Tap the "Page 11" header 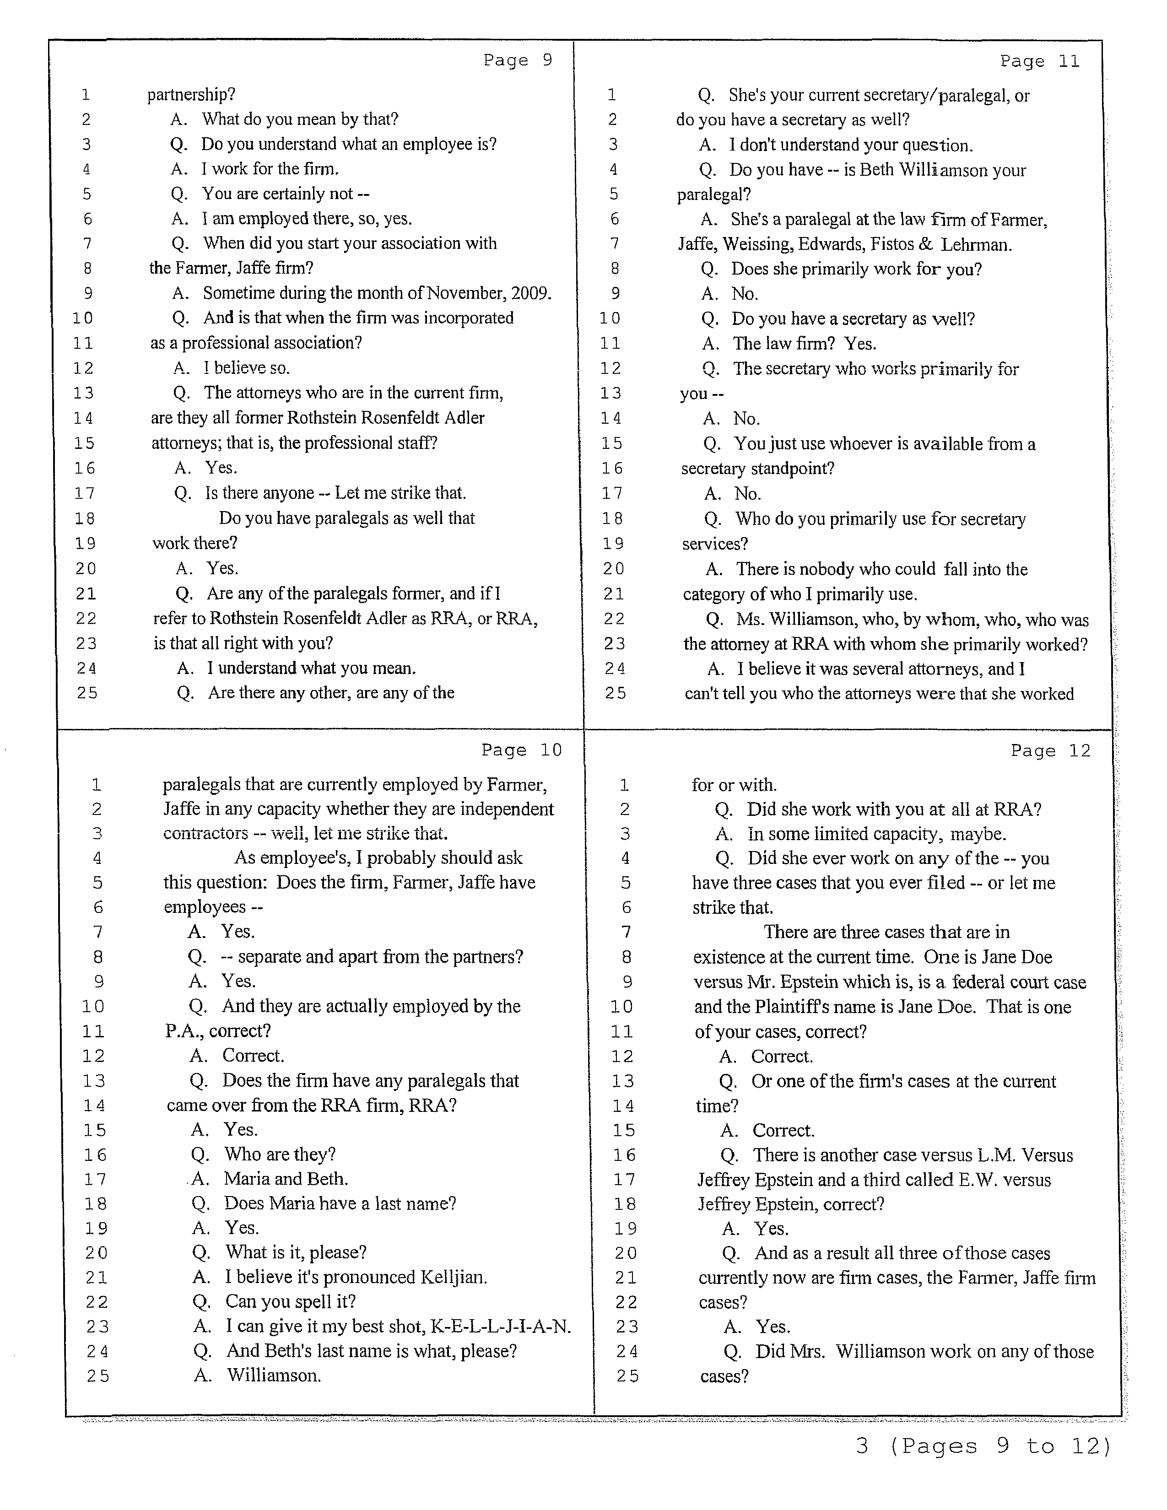click(x=1039, y=61)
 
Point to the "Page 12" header click(x=1050, y=751)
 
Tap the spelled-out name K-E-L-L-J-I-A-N click(x=501, y=1326)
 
